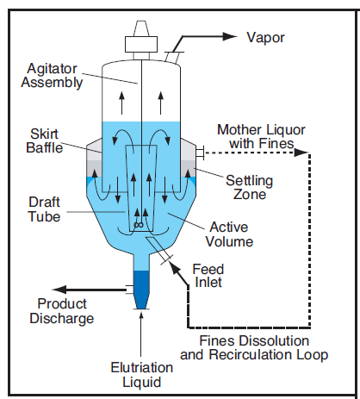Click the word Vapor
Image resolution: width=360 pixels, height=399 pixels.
(x=265, y=38)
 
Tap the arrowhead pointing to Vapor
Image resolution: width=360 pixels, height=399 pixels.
(x=230, y=36)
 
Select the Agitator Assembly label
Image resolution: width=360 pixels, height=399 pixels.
(x=52, y=76)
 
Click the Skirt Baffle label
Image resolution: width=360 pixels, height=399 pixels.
(x=45, y=140)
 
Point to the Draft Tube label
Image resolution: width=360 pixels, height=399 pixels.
(x=45, y=209)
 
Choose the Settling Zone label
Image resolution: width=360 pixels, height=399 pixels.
(x=249, y=187)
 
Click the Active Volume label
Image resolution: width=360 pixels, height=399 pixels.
(x=229, y=234)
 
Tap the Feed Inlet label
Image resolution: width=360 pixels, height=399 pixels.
(x=208, y=276)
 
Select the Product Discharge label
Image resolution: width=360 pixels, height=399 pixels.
(x=62, y=311)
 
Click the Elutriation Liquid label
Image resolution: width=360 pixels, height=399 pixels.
(x=142, y=375)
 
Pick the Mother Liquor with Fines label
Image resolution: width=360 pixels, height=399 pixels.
(x=261, y=136)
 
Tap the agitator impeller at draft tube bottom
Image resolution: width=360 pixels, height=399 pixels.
(x=139, y=225)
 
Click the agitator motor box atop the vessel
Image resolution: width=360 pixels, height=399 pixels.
(x=141, y=44)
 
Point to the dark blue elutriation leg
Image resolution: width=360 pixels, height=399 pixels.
(x=141, y=290)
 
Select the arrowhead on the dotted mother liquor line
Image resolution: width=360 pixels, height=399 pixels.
(x=301, y=153)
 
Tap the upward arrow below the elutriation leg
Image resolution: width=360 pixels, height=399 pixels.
(x=141, y=334)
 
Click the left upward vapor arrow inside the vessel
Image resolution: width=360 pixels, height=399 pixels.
(x=122, y=103)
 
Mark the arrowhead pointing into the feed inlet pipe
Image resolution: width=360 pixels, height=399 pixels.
(x=174, y=267)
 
